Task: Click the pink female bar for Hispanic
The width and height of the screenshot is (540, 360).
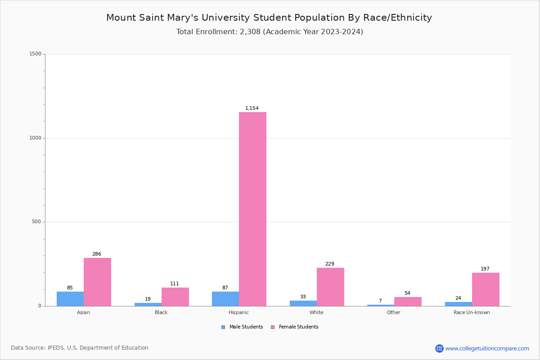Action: click(252, 209)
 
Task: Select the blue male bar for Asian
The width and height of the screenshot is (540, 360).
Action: click(70, 299)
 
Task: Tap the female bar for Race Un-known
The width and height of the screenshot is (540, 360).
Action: click(486, 289)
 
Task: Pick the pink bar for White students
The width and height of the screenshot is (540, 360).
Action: click(330, 287)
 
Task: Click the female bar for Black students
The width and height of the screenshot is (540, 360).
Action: click(175, 297)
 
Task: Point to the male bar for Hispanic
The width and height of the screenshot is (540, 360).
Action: click(225, 299)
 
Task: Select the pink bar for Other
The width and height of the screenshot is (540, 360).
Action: click(408, 301)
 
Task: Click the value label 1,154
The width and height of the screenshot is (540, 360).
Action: click(252, 108)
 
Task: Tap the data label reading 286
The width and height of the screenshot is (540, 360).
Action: click(97, 254)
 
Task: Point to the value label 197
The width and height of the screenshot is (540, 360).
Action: click(485, 269)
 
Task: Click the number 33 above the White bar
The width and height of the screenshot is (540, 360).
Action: click(303, 297)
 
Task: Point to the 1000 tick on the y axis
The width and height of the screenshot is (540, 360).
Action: click(35, 138)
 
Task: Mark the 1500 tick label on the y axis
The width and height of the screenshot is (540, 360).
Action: click(35, 54)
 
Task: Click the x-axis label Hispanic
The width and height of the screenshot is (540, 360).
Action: click(238, 312)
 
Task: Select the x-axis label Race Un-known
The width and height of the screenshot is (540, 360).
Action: click(472, 312)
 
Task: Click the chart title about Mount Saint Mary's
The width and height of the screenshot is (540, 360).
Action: click(269, 18)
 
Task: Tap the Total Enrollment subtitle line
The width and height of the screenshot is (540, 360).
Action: click(270, 32)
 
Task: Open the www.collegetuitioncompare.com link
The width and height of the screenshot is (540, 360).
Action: click(487, 348)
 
